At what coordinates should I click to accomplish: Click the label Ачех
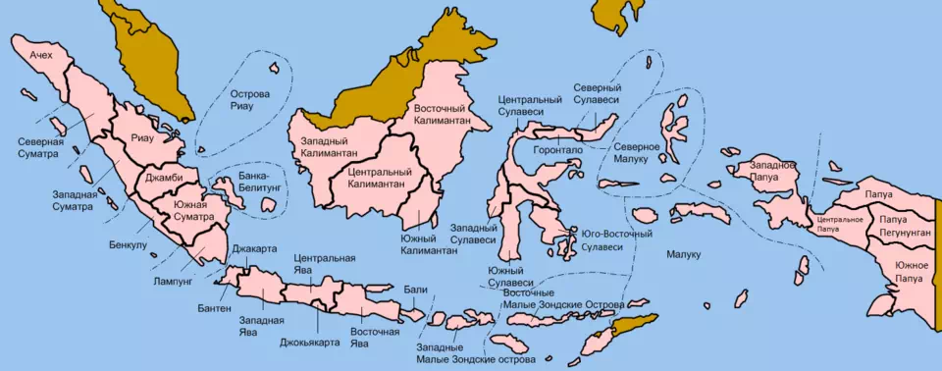pos(40,55)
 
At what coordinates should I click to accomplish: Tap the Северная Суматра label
pos(40,147)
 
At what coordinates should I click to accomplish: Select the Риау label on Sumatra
pos(141,138)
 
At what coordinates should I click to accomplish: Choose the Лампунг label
pos(173,279)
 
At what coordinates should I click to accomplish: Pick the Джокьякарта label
pos(309,342)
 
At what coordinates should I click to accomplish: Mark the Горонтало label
pos(557,150)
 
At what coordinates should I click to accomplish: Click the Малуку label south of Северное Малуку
pos(683,255)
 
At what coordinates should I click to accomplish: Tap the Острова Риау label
pos(249,100)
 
